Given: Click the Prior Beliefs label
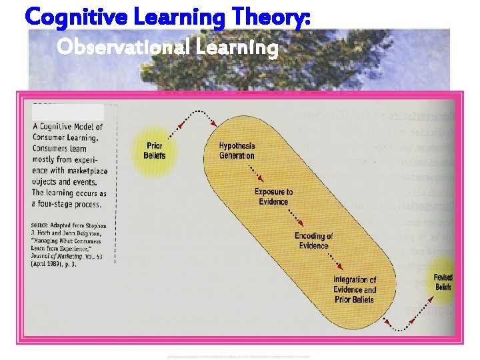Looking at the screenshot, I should pyautogui.click(x=155, y=151).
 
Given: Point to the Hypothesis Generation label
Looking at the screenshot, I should pyautogui.click(x=237, y=151).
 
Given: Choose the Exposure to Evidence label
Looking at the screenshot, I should pyautogui.click(x=273, y=197).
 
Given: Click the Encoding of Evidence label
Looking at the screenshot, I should pyautogui.click(x=313, y=241).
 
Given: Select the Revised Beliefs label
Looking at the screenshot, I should pyautogui.click(x=443, y=282).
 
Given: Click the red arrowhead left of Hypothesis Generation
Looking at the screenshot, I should pyautogui.click(x=213, y=124).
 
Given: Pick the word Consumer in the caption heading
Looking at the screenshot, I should pyautogui.click(x=49, y=138).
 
